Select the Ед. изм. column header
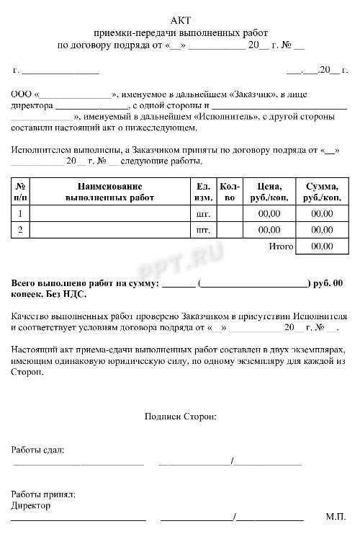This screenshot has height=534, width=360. pos(204,191)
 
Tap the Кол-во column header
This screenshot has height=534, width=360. pos(230,191)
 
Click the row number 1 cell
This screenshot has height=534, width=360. pos(20,213)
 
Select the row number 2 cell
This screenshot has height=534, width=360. pos(20,230)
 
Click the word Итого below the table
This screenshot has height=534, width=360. pos(281,246)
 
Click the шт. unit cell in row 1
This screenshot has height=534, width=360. pos(204,213)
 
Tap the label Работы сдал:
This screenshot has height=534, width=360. pos(37,450)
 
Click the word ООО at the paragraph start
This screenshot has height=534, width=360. pos(21,94)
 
